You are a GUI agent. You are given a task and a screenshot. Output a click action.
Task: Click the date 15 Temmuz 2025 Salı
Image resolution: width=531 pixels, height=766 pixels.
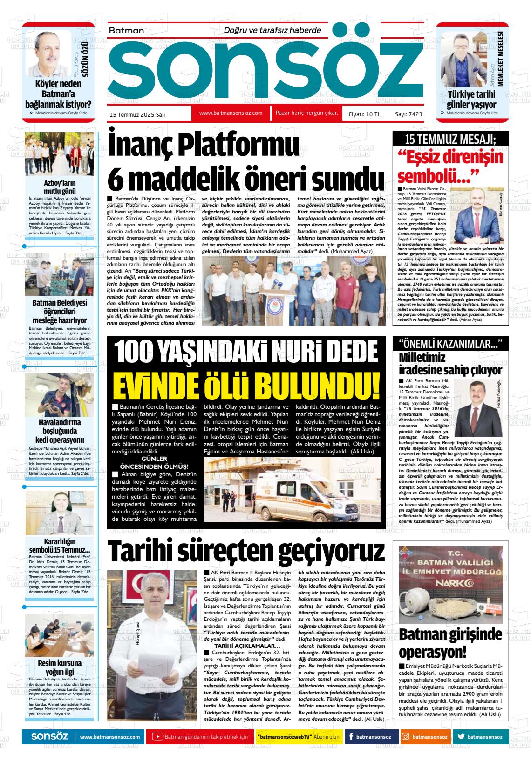coord(137,114)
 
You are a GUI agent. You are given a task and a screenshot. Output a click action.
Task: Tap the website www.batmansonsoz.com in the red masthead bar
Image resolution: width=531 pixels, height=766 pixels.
coord(231,113)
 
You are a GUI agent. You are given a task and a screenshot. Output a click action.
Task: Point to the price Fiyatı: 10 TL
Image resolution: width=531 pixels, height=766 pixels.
coord(364,114)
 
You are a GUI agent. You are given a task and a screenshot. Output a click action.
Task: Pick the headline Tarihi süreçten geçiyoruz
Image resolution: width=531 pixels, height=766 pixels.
coord(246,551)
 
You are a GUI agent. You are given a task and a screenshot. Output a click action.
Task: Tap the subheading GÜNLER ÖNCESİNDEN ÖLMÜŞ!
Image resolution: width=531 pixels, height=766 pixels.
coord(154,462)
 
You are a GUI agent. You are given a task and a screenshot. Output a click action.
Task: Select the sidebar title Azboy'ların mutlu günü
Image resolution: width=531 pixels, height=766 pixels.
coord(60,187)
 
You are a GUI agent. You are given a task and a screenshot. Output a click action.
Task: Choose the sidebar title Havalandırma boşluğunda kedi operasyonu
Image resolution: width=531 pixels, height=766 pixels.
coord(60,431)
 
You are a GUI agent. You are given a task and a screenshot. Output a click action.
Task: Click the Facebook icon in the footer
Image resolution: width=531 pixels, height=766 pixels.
coord(350,737)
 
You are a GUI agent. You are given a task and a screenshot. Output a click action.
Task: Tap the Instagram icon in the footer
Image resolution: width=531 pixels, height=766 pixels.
coord(406,737)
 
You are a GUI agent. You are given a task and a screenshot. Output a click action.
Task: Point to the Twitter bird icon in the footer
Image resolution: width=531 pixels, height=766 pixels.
coord(461,737)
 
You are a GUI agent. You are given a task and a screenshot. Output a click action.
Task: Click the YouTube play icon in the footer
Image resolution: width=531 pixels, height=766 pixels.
coord(158,737)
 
